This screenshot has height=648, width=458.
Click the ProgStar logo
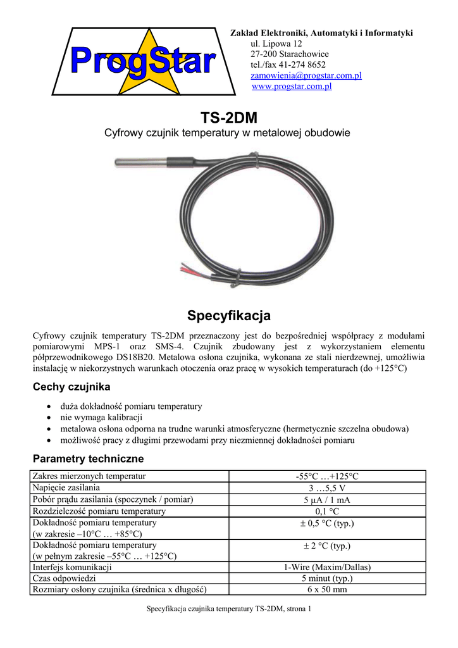click(142, 62)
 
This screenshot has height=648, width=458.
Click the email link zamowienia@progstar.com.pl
click(297, 75)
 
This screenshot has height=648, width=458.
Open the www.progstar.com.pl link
click(292, 86)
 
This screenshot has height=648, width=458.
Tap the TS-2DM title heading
click(229, 118)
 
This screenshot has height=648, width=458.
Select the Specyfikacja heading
click(229, 315)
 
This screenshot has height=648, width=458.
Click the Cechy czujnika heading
click(71, 387)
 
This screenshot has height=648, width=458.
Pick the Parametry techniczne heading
click(88, 458)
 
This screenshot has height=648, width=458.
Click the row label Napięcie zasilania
click(66, 488)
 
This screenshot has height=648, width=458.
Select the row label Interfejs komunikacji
click(72, 567)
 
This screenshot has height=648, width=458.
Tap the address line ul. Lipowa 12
click(276, 44)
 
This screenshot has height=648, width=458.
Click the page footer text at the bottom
click(229, 609)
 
